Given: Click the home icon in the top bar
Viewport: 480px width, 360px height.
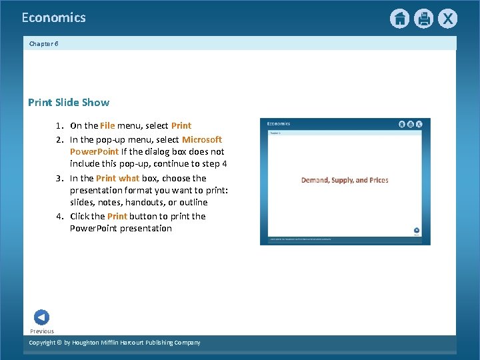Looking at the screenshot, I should [x=399, y=19].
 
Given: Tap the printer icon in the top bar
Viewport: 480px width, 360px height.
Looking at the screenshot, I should [x=423, y=19].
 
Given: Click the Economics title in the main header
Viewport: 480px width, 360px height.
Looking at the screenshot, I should [x=53, y=18].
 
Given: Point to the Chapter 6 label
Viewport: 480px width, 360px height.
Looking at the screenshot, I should [x=44, y=43].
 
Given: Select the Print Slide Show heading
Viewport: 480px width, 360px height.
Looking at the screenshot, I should [x=69, y=102].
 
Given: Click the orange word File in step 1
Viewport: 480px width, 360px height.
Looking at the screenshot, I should [x=107, y=125].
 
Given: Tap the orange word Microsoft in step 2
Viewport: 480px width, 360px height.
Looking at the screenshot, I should [x=202, y=139].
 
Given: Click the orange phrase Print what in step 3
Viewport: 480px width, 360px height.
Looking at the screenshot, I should [x=117, y=178].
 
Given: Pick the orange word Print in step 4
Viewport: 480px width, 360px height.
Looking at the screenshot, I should [x=117, y=216].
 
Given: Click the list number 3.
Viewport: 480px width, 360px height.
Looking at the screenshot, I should [x=59, y=178].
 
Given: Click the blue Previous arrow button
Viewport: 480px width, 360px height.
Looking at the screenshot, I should [x=41, y=318].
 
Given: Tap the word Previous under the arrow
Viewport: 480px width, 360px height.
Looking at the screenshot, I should [x=42, y=331].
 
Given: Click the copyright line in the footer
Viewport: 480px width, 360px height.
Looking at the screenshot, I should [x=114, y=343].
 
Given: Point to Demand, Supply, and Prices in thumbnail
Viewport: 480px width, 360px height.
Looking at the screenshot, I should [x=345, y=180].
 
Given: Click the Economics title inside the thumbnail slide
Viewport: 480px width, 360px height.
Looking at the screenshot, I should [x=279, y=123].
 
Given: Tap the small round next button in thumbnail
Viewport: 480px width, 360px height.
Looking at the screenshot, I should [x=417, y=229].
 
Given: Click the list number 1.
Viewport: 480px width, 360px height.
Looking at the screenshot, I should [x=59, y=125].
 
